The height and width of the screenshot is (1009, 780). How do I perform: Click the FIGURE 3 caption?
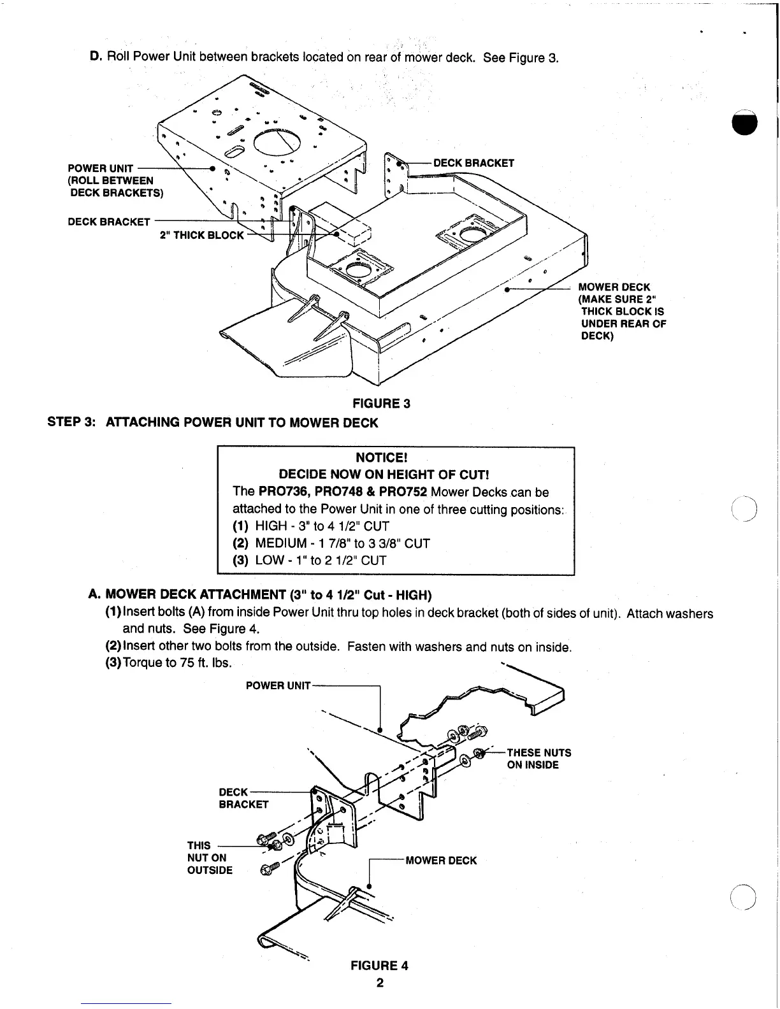tap(381, 403)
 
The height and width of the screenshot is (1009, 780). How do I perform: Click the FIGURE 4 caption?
tap(379, 965)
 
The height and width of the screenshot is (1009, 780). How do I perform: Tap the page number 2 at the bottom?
tap(380, 982)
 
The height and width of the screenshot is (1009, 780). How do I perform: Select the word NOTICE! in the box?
tap(381, 458)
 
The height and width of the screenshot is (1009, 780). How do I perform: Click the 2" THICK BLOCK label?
tap(201, 235)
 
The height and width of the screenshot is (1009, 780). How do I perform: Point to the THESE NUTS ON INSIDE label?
tap(538, 759)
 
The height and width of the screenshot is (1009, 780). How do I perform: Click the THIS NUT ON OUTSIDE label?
tap(210, 857)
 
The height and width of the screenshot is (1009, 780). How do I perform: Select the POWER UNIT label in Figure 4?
tap(278, 685)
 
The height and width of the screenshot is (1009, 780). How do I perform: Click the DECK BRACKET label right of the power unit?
tap(473, 163)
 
